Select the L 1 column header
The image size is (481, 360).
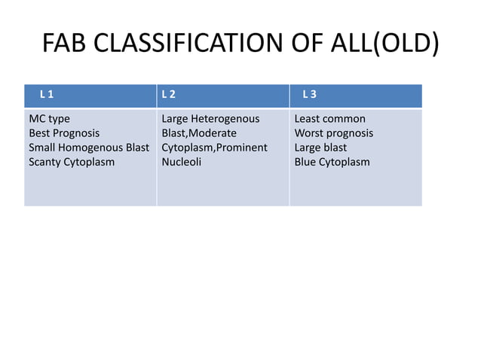46,96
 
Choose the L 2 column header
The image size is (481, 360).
168,96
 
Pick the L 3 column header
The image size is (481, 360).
309,96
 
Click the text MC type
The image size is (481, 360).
49,119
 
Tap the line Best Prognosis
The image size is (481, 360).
65,133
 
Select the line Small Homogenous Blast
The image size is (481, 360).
89,148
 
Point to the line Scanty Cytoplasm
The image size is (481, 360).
72,162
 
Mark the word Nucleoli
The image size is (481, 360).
182,162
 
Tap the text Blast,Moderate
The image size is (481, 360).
199,133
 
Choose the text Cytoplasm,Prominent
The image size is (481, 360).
215,148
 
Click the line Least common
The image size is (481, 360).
329,119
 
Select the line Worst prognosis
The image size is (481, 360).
333,133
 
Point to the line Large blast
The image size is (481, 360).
320,148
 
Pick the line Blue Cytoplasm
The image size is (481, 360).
332,162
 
